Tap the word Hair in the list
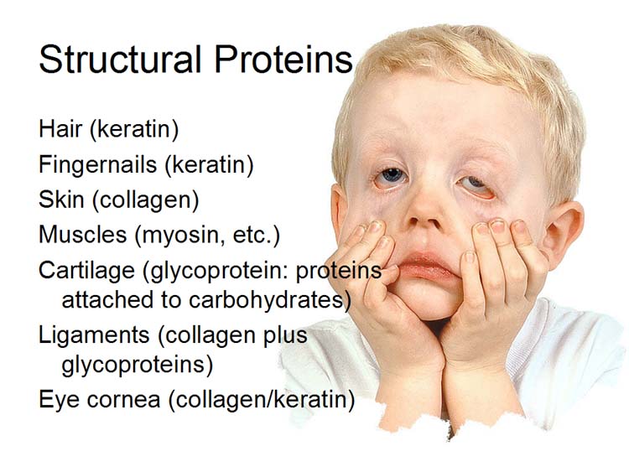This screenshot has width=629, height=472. click(60, 129)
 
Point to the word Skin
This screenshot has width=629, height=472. click(61, 200)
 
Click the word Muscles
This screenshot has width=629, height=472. click(83, 234)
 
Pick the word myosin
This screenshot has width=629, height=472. click(184, 236)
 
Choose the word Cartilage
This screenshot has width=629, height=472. click(86, 271)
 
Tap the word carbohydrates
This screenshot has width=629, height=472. click(267, 299)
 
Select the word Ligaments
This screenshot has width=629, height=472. click(94, 335)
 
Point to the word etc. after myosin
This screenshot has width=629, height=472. click(252, 235)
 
